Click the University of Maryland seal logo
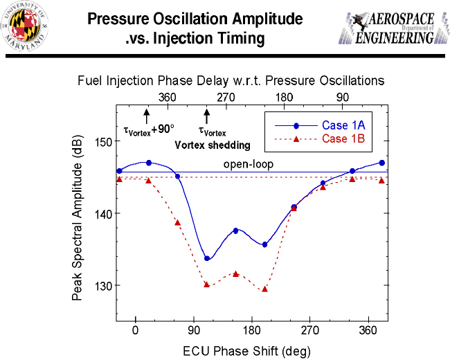point(26,28)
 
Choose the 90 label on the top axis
point(343,97)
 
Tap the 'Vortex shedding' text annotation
point(211,145)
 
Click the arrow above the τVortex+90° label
point(147,115)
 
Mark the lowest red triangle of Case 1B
point(264,289)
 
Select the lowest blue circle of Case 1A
point(207,258)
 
